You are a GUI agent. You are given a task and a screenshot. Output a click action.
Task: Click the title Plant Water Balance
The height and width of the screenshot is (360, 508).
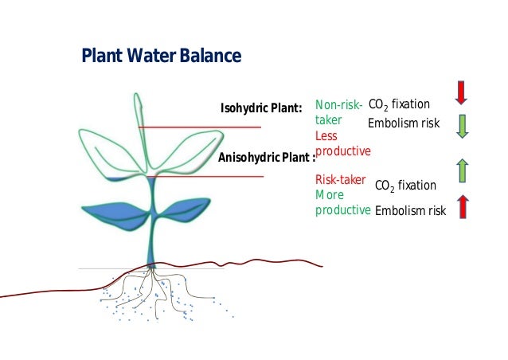(161, 57)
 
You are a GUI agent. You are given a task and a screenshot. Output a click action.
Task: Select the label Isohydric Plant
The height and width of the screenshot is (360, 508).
(261, 108)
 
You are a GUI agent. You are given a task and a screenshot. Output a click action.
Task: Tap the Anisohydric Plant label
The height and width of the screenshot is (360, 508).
(266, 157)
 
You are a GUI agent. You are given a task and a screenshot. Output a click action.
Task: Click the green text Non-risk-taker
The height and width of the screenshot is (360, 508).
(338, 112)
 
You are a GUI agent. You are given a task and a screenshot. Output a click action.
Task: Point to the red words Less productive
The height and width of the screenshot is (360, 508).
(342, 143)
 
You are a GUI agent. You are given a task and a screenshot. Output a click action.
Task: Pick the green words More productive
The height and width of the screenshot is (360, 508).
(342, 202)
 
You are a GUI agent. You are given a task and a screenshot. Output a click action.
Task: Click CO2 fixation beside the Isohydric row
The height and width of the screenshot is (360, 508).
(399, 104)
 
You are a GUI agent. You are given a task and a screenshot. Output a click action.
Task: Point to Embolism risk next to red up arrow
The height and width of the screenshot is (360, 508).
(410, 210)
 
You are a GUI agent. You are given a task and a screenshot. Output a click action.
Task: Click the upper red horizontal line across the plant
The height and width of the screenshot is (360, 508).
(199, 127)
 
